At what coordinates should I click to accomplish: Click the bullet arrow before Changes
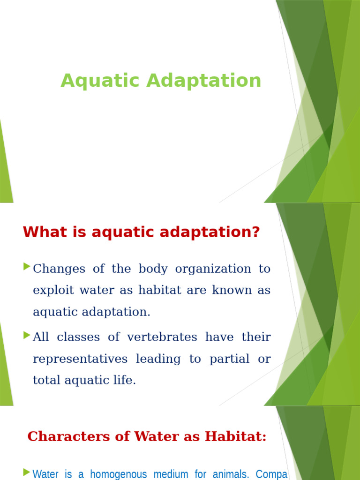(26, 267)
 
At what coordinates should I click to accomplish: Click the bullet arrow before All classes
(26, 335)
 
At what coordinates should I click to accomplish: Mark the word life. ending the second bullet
(125, 380)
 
